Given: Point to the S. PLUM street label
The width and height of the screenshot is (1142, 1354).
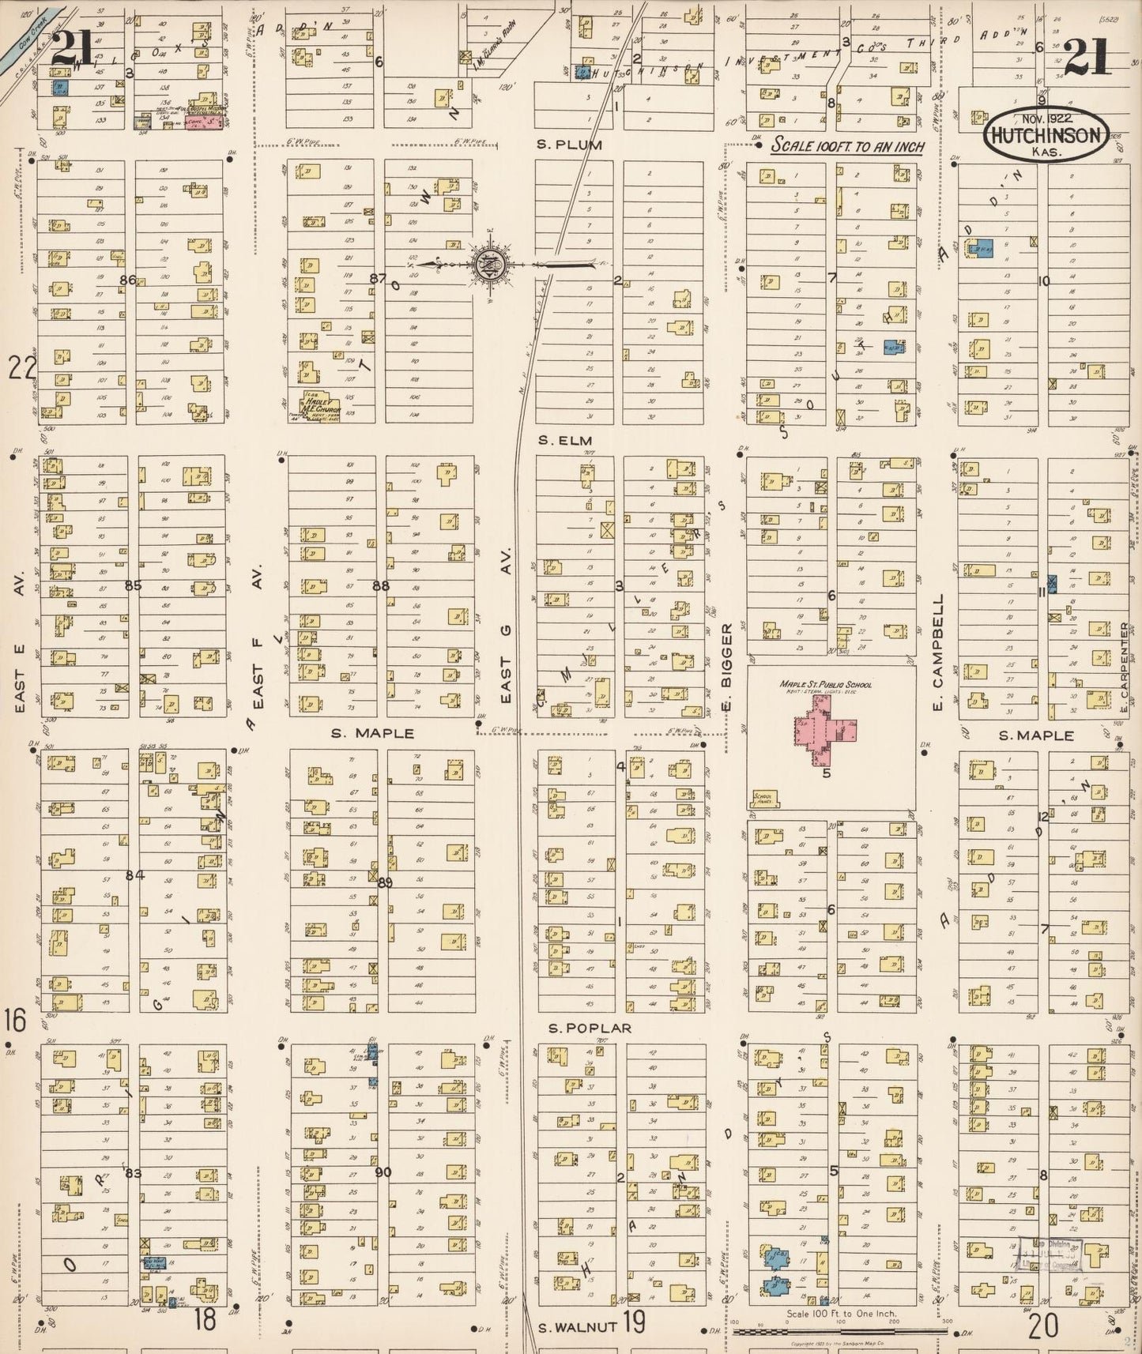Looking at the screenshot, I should coord(569,145).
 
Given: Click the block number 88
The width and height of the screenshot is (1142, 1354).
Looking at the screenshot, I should coord(381,585).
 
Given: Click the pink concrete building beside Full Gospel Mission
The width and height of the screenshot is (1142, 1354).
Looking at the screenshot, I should coord(203,123).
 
